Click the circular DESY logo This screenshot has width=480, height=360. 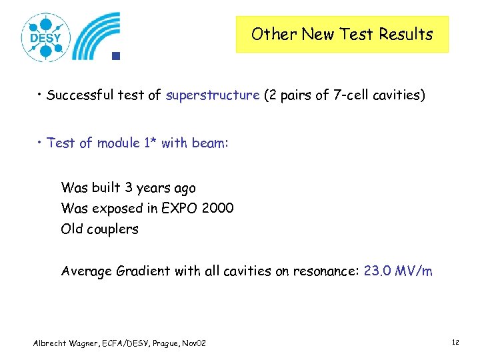45,37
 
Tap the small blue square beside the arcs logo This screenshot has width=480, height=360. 115,56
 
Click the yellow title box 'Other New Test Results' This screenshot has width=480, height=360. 342,35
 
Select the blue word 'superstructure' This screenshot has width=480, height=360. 213,95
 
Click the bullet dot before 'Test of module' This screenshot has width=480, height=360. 41,143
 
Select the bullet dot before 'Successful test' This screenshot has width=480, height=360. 41,95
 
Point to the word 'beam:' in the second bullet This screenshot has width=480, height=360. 211,143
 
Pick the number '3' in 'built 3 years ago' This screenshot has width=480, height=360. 129,188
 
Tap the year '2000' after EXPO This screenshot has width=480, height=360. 219,208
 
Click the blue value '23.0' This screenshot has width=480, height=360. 377,271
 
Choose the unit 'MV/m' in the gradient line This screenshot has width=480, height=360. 413,271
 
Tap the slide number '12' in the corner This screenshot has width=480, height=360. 455,342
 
